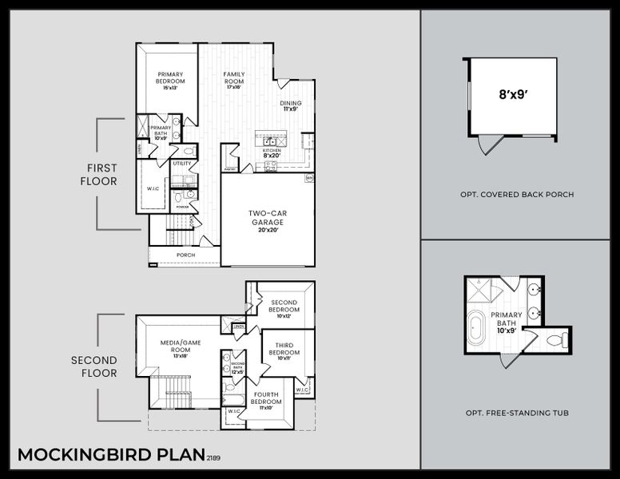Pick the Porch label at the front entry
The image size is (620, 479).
185,255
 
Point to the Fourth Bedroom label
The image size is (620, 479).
266,398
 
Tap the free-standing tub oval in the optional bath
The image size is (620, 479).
476,328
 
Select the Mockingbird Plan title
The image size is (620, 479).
110,454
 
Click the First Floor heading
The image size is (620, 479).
98,175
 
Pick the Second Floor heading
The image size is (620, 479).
93,366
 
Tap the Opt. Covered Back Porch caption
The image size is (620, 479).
516,195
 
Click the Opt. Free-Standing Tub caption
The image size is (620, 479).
516,413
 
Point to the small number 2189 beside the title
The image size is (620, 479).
213,458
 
